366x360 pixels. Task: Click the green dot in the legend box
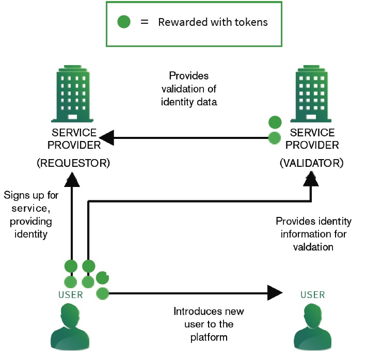coord(124,22)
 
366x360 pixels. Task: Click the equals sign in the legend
coord(145,23)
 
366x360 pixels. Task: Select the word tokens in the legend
coord(251,23)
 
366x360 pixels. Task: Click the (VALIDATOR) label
coord(311,163)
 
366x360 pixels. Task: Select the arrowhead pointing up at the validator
coord(311,179)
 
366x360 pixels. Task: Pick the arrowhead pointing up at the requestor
coord(72,179)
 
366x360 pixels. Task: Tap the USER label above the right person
coord(313,295)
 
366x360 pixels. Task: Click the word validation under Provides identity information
coord(313,247)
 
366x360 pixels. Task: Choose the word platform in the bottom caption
coord(209,337)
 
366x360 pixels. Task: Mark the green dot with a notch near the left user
coord(103,278)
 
